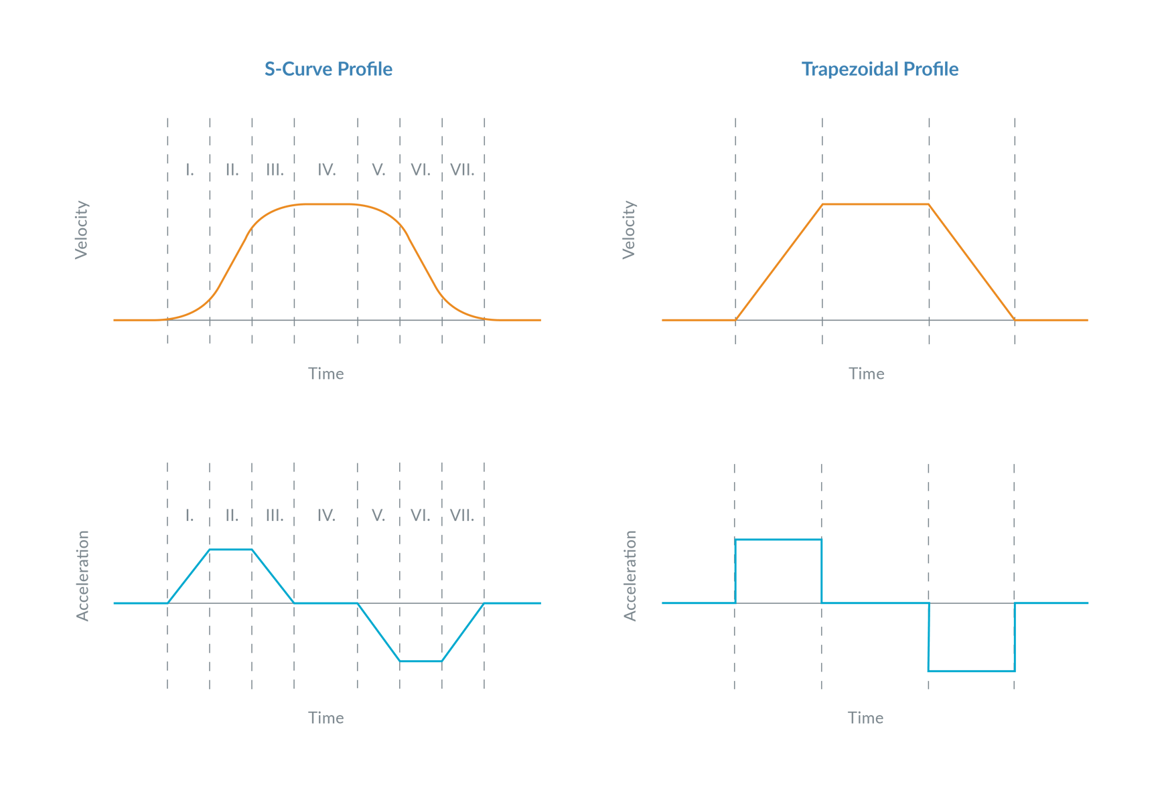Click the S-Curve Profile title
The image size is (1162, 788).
click(x=328, y=70)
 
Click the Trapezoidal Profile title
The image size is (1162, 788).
click(x=880, y=70)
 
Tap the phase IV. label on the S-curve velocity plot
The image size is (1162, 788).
click(x=326, y=169)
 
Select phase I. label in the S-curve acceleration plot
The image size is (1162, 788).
click(x=190, y=516)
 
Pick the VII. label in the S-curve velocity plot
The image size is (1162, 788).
click(x=462, y=169)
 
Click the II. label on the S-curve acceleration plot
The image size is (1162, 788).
click(x=232, y=516)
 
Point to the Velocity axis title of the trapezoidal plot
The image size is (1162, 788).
click(x=629, y=230)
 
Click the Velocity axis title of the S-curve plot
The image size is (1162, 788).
click(x=81, y=230)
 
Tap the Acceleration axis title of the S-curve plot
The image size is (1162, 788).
click(x=82, y=576)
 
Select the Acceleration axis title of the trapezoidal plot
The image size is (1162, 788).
click(x=630, y=576)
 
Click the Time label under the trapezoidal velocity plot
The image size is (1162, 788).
click(x=866, y=374)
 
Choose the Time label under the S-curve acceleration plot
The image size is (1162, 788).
click(x=326, y=718)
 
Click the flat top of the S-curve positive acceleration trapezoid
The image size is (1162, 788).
click(x=231, y=549)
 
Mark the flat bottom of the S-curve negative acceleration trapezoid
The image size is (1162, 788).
click(x=421, y=661)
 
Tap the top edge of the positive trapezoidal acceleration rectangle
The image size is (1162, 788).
click(x=778, y=539)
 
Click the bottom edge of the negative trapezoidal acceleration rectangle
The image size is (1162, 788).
click(x=972, y=671)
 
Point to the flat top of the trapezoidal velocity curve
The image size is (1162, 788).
click(x=875, y=204)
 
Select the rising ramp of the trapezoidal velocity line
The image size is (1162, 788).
click(x=779, y=262)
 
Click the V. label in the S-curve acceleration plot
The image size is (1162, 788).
click(x=378, y=516)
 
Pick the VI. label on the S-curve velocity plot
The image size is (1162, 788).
click(x=421, y=169)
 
